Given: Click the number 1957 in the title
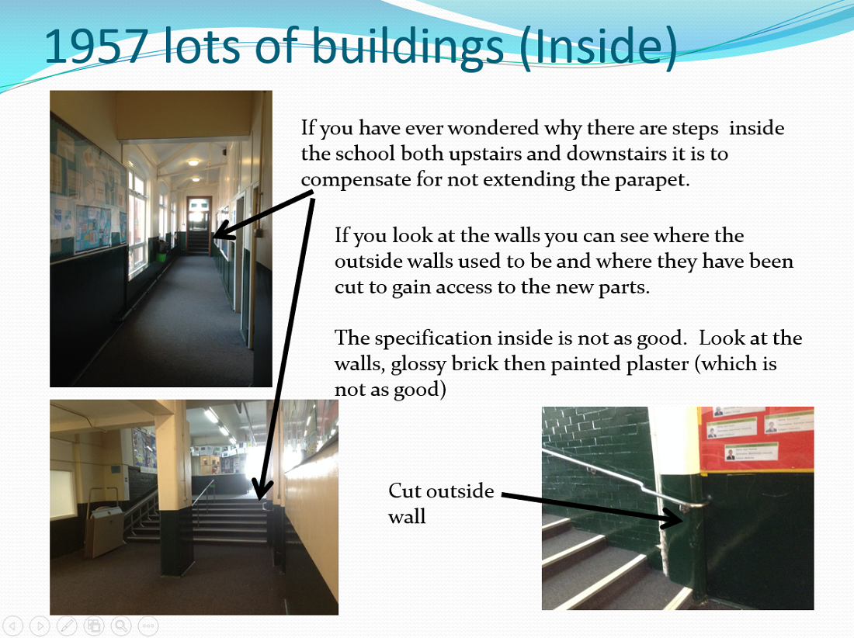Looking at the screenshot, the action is (x=95, y=47).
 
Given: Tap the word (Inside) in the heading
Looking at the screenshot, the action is (x=598, y=48).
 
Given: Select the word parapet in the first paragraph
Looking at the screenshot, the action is (x=652, y=180).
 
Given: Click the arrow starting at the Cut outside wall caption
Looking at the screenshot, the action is (x=592, y=510).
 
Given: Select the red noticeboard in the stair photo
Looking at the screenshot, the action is (x=756, y=439).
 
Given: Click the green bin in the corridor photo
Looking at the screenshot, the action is (x=161, y=255).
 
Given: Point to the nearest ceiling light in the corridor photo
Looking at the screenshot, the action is (x=193, y=162).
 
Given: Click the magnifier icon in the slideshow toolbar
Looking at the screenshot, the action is (x=121, y=626).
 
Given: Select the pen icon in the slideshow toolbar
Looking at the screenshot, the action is (x=67, y=626).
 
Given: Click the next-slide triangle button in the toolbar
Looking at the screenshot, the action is (x=40, y=626).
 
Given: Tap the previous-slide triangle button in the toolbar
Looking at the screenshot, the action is (x=13, y=626).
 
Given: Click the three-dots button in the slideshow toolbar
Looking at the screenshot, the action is (x=148, y=626).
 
